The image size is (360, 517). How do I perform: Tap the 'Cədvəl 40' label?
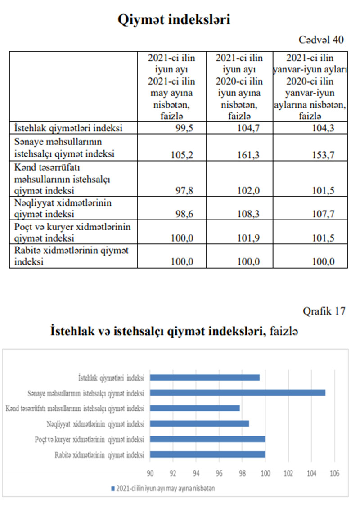[x=321, y=40]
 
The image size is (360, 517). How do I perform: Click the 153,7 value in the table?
[x=324, y=153]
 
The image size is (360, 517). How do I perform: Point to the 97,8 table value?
[x=183, y=190]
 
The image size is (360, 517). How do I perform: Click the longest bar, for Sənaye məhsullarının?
[x=238, y=393]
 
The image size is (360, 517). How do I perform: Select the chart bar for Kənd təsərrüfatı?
[x=195, y=408]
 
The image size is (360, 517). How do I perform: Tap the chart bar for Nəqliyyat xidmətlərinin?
[x=199, y=423]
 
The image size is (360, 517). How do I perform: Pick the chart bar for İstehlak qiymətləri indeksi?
[x=205, y=378]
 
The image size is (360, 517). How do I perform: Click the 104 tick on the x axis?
[x=311, y=473]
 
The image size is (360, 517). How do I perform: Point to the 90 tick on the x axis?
[x=150, y=473]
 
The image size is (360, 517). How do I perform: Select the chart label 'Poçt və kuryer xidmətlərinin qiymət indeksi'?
[x=90, y=439]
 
